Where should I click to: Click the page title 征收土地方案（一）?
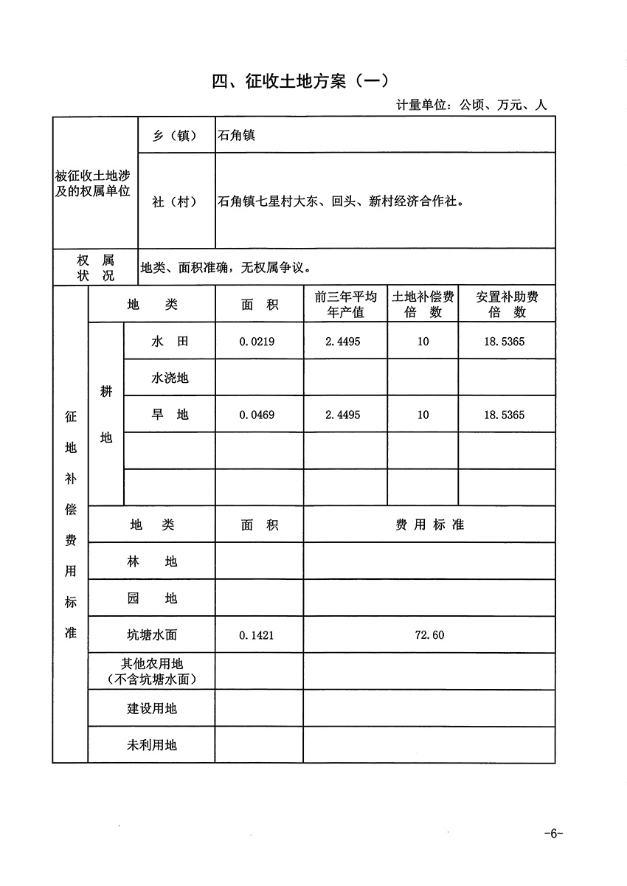(x=299, y=81)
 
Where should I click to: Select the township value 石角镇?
(x=237, y=136)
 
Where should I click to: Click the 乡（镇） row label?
(x=175, y=136)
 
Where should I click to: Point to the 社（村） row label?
(x=175, y=201)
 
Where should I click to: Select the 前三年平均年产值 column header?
(x=345, y=304)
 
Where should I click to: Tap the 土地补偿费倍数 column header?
(x=423, y=304)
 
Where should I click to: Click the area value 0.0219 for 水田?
(x=257, y=342)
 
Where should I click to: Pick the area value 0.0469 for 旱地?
(x=257, y=415)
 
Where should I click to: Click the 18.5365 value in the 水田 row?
(x=505, y=342)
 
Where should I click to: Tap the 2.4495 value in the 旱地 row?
(x=343, y=415)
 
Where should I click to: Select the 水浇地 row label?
(x=170, y=378)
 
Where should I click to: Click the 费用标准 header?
(x=429, y=525)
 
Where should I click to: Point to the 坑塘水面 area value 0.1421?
(x=257, y=635)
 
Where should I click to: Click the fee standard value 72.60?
(x=430, y=635)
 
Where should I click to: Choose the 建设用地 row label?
(x=152, y=709)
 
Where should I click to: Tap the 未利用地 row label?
(x=152, y=745)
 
